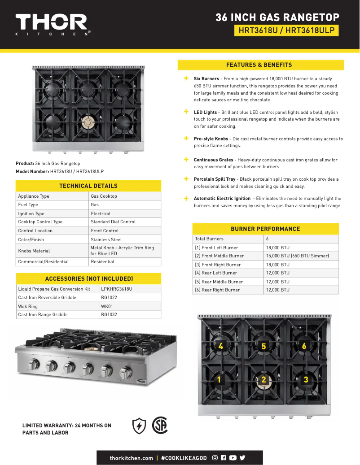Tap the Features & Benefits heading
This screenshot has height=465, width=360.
(x=260, y=65)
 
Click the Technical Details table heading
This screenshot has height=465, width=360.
(x=88, y=186)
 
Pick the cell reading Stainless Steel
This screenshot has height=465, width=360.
(x=106, y=239)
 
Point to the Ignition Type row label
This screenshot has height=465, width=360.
(x=31, y=213)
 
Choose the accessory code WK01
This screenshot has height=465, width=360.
(x=107, y=306)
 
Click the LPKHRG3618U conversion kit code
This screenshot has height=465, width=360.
(x=117, y=289)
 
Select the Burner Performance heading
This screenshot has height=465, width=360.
(x=265, y=229)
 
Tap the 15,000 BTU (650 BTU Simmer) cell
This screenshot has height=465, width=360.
(x=297, y=256)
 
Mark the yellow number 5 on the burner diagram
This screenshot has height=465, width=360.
(x=263, y=346)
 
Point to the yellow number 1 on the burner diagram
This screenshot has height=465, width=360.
(x=219, y=380)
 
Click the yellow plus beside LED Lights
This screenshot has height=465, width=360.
(x=186, y=112)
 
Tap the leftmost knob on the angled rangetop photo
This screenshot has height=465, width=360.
(x=34, y=365)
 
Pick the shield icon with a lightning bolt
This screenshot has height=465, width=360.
(x=139, y=426)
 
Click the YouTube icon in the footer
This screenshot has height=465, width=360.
(x=233, y=458)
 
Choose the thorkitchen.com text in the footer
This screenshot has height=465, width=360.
(x=131, y=458)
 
